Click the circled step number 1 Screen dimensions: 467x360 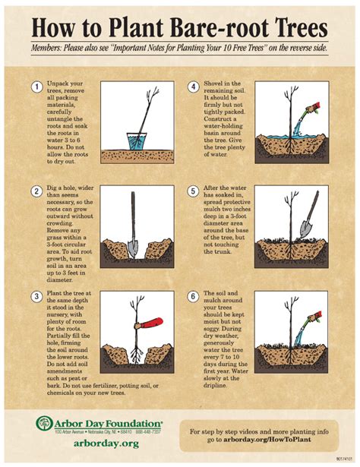click(36, 87)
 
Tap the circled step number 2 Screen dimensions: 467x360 click(36, 191)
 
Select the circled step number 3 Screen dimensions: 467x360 click(36, 295)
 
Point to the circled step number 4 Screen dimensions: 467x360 click(194, 87)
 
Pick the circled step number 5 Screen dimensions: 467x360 click(194, 191)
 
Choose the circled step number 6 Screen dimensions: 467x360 click(194, 295)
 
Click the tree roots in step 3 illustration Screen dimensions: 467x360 click(134, 354)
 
